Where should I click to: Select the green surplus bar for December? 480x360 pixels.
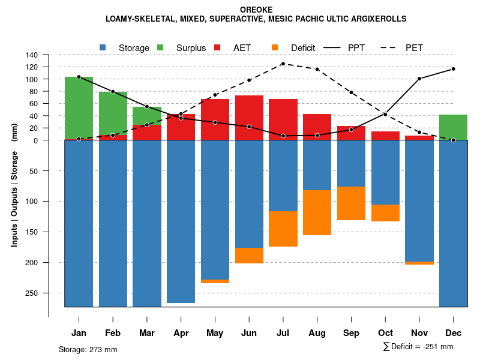453,127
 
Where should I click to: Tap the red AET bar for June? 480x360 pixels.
249,118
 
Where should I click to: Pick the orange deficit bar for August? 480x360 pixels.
317,212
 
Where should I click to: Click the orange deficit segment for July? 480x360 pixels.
283,229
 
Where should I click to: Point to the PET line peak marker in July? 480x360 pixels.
283,64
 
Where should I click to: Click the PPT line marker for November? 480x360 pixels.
419,79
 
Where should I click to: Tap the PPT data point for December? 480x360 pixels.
453,69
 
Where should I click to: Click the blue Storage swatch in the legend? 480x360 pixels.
103,47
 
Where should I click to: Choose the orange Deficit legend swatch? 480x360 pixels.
275,47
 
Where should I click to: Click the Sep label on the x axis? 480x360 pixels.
351,333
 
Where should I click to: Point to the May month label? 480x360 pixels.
215,333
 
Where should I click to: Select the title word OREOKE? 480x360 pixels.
256,10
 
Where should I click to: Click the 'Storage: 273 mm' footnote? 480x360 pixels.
88,349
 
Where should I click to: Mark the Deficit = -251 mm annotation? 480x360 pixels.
418,347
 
